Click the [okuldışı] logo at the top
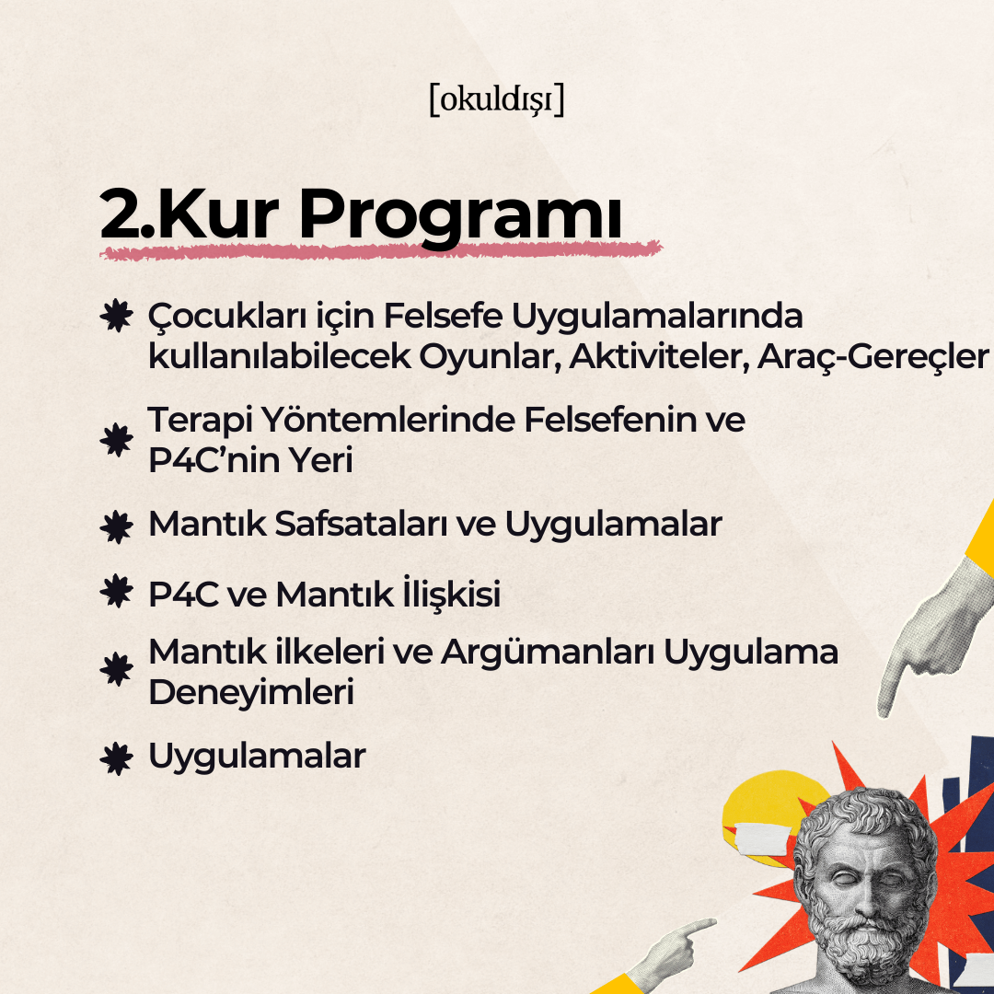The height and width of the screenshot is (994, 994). [496, 99]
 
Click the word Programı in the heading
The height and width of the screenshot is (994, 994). [460, 216]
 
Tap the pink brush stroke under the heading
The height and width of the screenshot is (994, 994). [380, 251]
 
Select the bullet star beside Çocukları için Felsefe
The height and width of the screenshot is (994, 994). [117, 316]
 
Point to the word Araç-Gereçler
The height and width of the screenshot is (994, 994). [873, 357]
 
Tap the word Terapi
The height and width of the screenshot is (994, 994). [200, 421]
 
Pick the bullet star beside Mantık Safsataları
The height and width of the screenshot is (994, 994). [117, 526]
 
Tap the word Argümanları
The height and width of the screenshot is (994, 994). [548, 652]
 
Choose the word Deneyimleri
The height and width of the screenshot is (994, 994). [251, 692]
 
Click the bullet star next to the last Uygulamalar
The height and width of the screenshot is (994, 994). [117, 758]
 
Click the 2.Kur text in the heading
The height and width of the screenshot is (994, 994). [189, 214]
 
